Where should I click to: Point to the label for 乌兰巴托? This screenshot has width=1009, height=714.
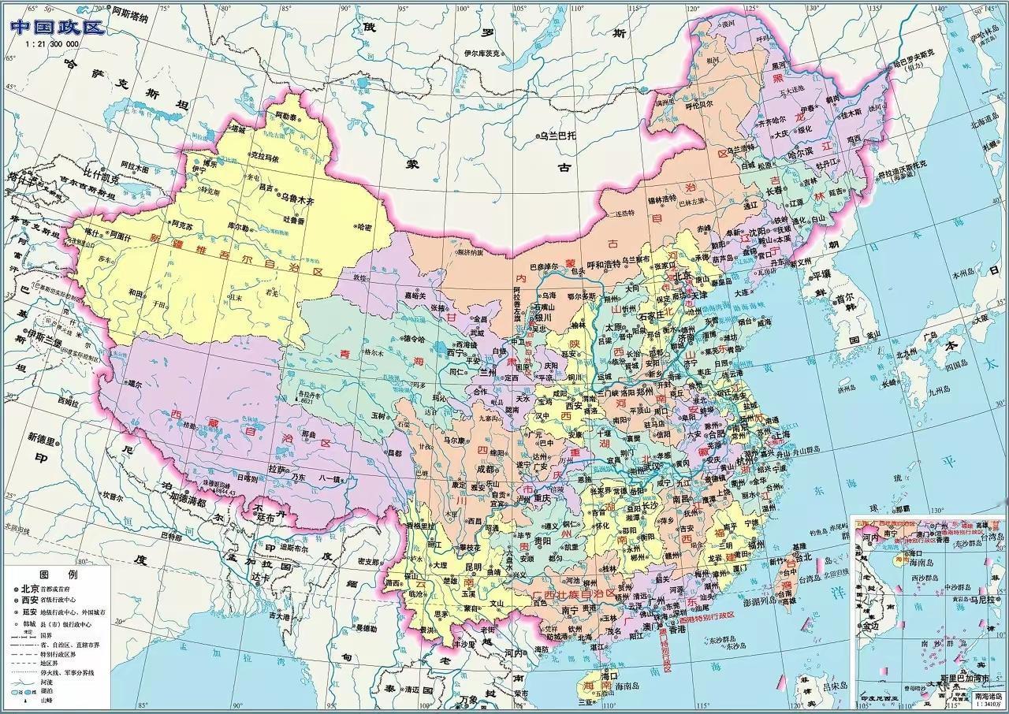557,136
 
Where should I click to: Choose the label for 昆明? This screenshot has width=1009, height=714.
473,567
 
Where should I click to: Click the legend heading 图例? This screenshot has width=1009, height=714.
61,574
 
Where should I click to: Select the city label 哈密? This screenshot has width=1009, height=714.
364,228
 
